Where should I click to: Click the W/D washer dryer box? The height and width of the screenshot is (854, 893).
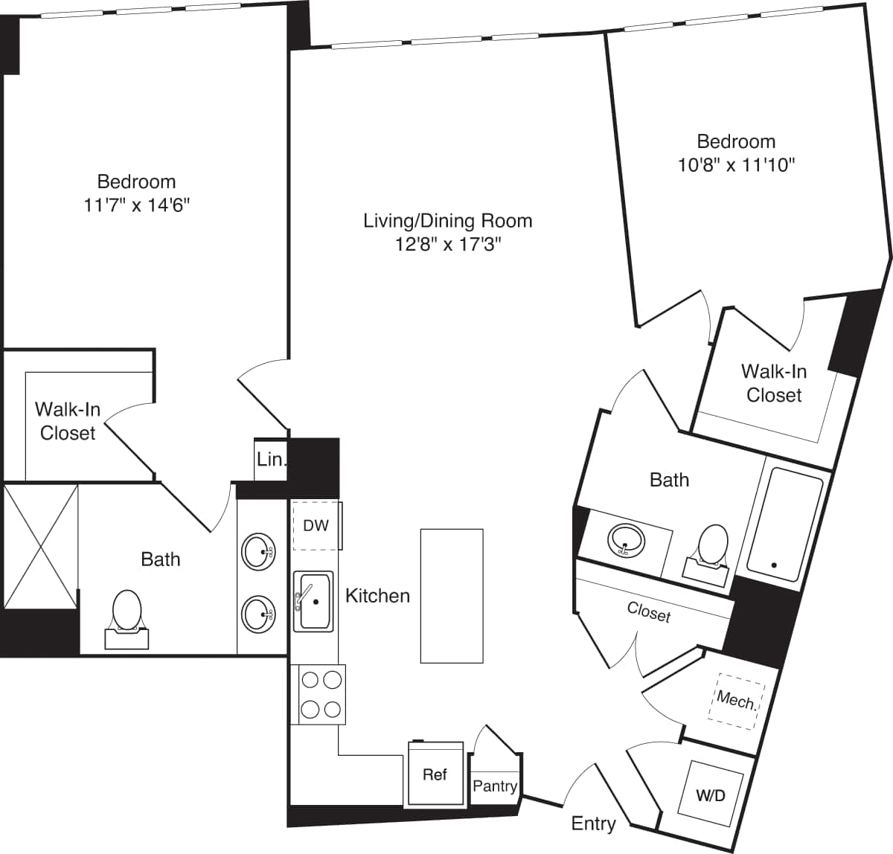710,794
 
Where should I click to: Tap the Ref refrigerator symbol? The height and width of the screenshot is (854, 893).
435,774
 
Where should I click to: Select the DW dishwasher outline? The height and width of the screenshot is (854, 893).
316,526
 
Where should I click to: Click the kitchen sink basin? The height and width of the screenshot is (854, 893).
313,601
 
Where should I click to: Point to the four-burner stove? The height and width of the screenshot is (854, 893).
321,694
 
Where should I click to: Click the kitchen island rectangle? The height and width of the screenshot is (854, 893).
452,595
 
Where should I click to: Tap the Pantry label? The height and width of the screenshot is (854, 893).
495,786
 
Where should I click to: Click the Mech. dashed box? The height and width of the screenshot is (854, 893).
736,699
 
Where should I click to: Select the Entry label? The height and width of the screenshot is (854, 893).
593,823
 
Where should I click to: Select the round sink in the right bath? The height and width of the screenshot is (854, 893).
625,540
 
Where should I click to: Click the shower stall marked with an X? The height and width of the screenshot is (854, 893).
41,545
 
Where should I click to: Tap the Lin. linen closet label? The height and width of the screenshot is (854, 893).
270,460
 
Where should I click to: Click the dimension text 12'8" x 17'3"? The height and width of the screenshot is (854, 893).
448,245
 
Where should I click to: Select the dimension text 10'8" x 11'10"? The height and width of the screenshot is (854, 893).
736,165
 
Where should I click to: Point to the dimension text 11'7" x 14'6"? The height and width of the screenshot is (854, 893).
137,205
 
